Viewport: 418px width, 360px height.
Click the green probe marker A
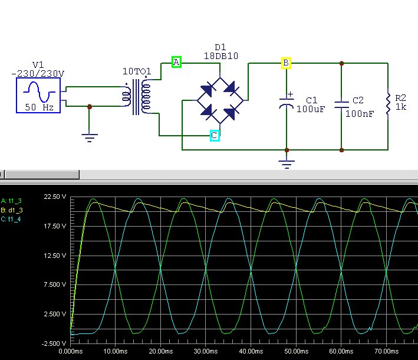coord(176,62)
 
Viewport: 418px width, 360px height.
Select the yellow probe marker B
coord(286,63)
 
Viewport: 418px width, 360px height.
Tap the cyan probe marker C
coord(215,136)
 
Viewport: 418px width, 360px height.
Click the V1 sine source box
coord(38,95)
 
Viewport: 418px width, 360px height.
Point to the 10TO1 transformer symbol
coord(137,97)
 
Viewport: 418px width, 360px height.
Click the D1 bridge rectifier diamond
coord(220,100)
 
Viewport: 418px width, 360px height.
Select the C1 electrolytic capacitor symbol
coord(287,102)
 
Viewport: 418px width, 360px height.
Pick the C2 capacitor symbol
coord(341,104)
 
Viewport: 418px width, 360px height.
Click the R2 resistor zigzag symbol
coord(388,104)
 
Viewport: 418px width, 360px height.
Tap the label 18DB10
coord(221,56)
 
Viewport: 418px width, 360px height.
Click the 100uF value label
coord(311,109)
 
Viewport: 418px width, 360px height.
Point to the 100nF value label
coord(360,114)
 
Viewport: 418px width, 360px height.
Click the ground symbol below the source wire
coord(89,138)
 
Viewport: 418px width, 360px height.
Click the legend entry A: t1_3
coord(11,201)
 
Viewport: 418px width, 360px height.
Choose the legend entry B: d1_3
coord(12,210)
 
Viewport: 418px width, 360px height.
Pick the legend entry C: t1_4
coord(11,219)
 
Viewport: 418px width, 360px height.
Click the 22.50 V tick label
coord(55,197)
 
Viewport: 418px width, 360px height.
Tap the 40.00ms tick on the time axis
coord(251,351)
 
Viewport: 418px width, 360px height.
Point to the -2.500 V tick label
coord(54,343)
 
